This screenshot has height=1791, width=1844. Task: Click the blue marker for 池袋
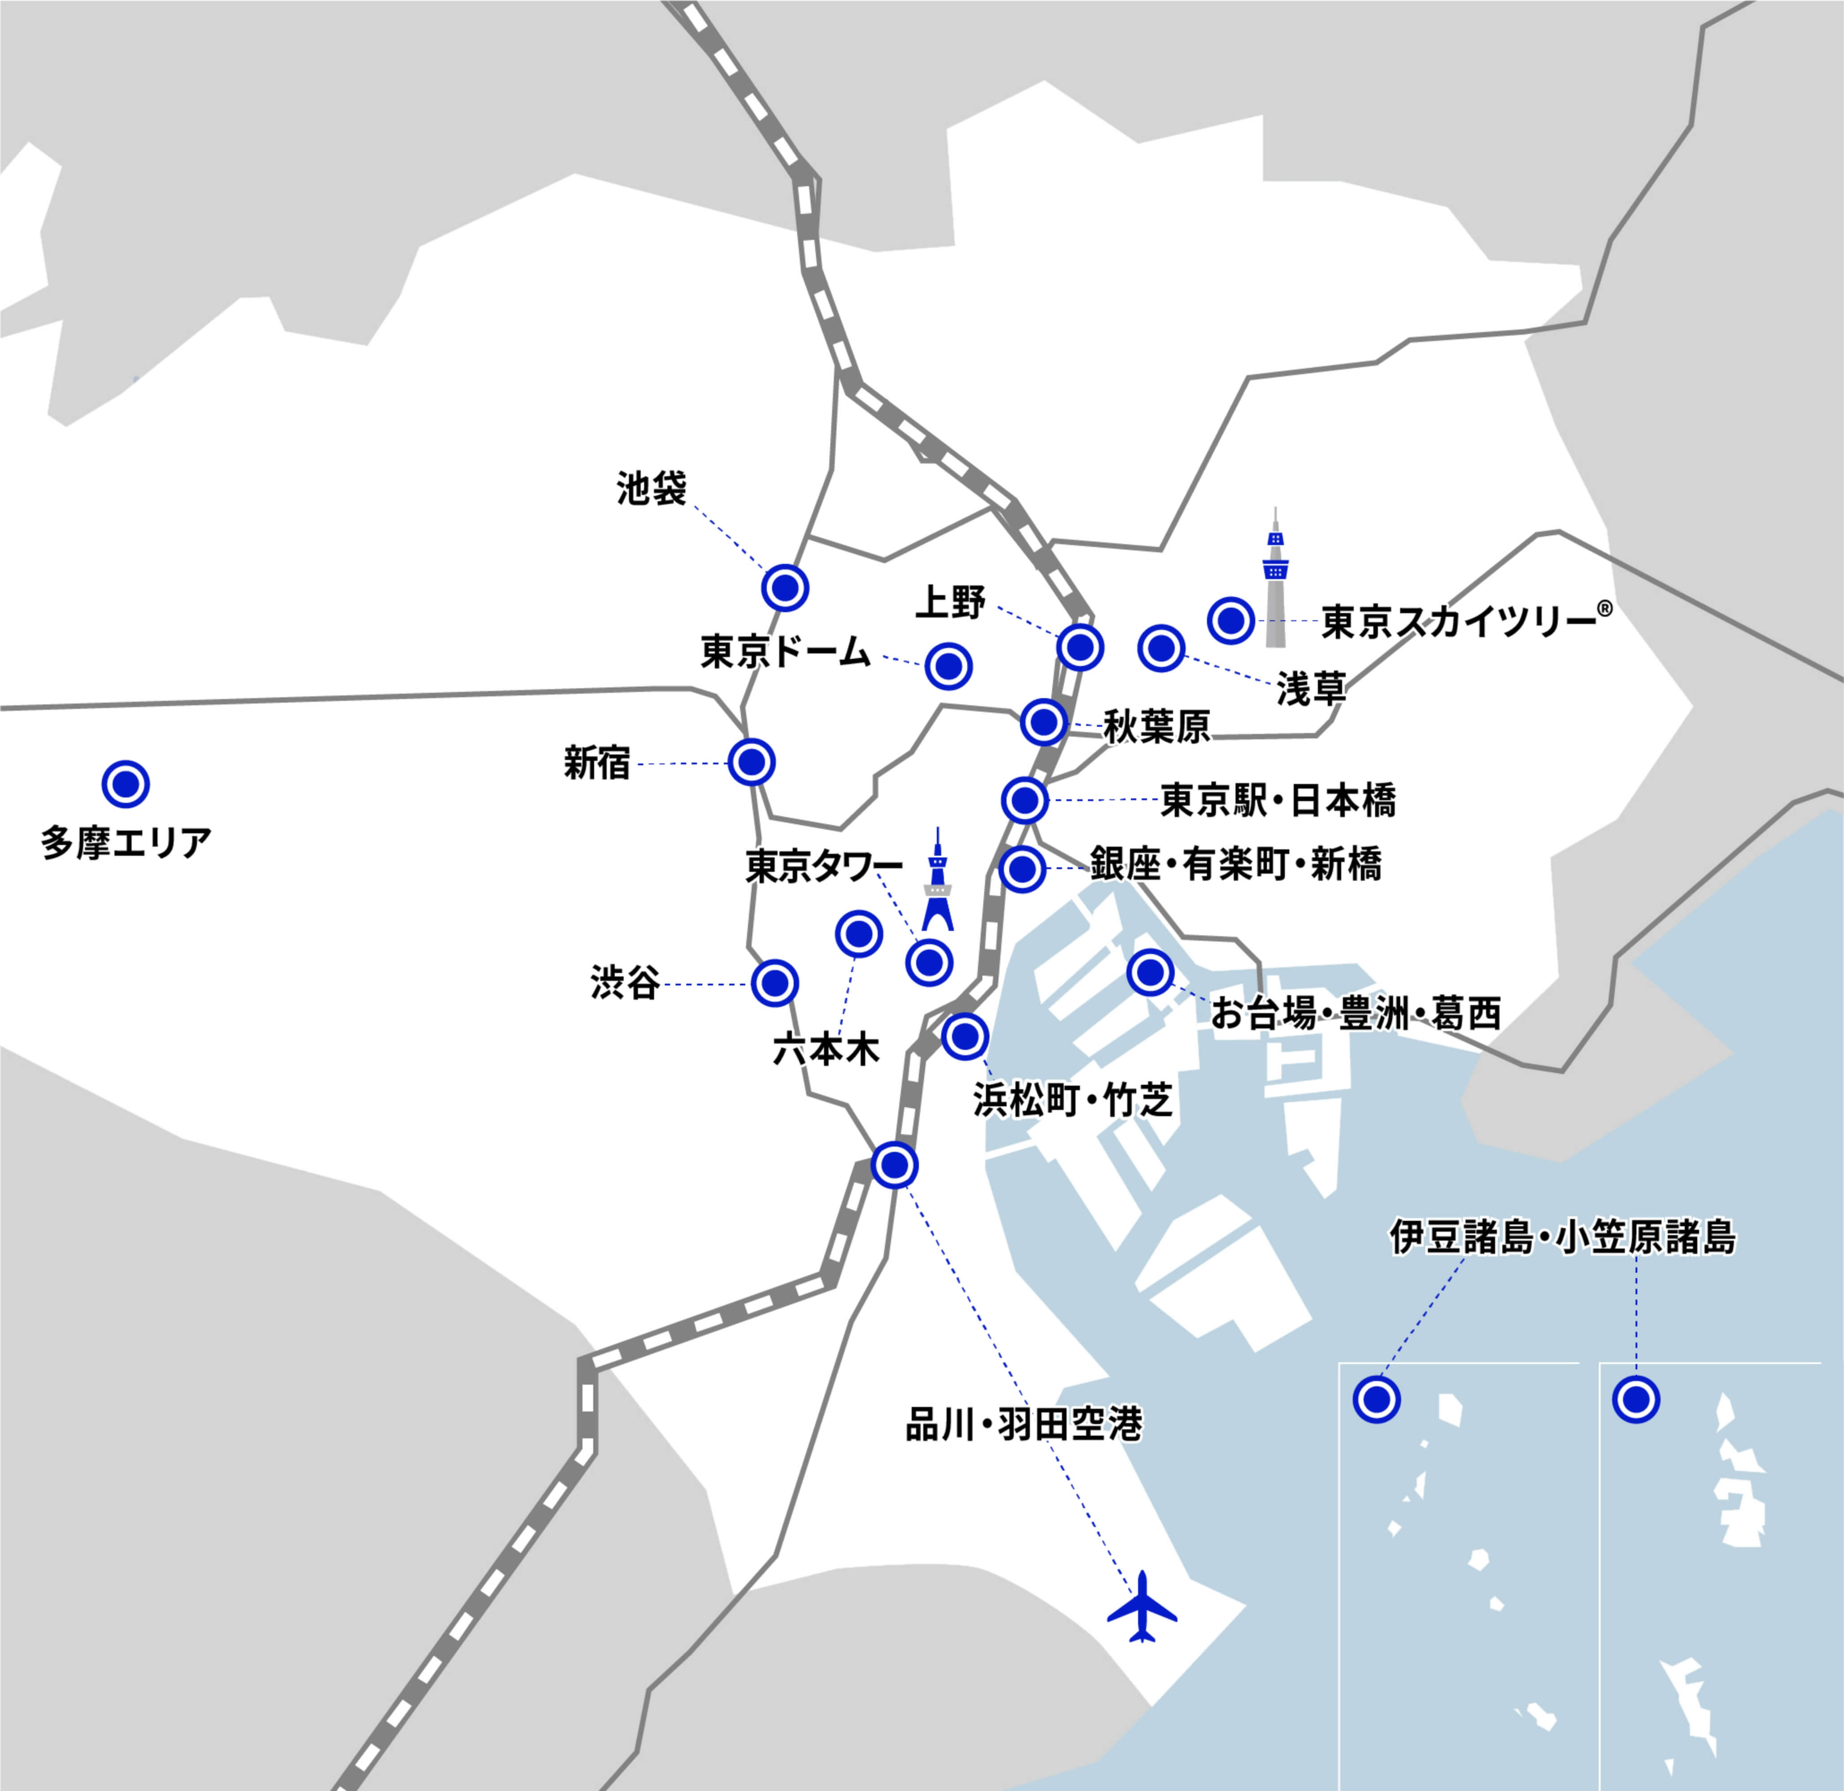785,588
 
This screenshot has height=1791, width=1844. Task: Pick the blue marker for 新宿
751,761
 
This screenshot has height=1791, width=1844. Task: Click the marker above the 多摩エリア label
125,784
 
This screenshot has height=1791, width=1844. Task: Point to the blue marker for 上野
1079,648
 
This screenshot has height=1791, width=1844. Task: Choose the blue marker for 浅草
1161,648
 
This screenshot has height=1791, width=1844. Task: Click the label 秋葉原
1156,727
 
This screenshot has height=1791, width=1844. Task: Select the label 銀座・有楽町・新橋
1235,864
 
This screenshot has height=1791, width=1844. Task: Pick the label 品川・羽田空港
1024,1425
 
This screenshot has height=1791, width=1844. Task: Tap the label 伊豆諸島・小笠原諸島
1562,1237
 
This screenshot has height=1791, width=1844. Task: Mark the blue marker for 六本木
858,934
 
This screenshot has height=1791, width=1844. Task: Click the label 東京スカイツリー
1458,622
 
